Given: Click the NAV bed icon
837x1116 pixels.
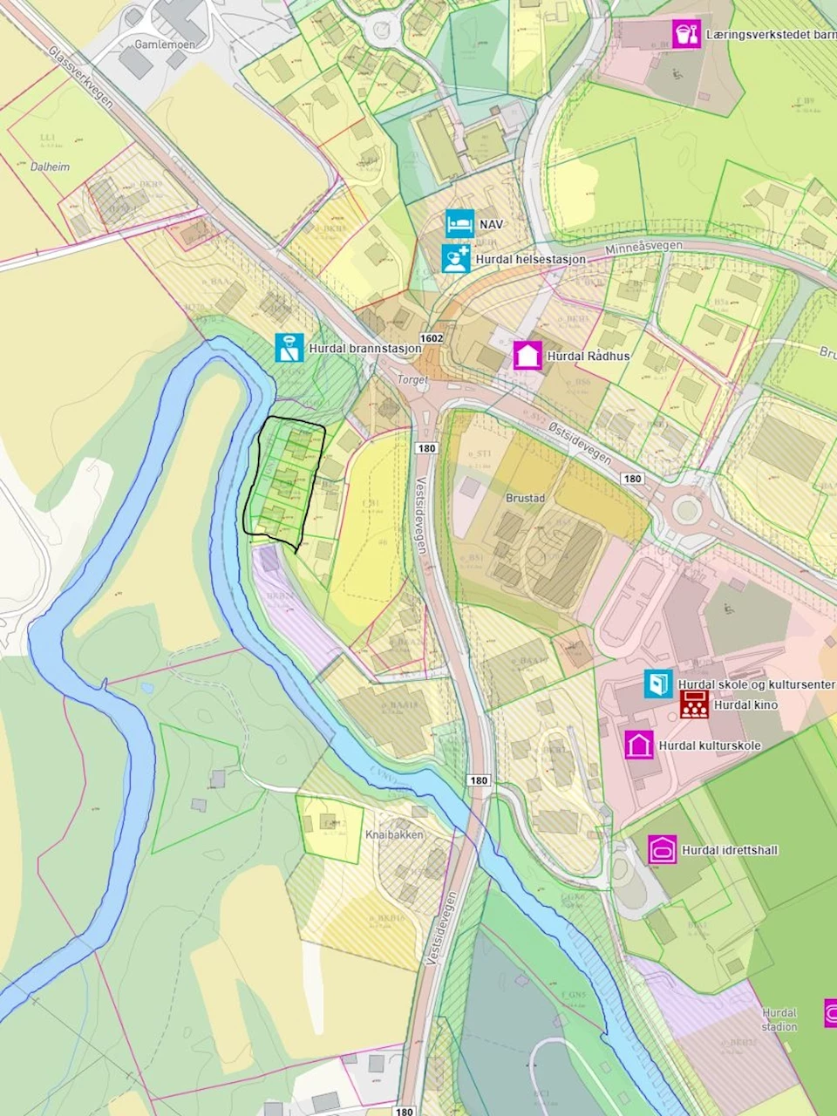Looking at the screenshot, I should pyautogui.click(x=459, y=224).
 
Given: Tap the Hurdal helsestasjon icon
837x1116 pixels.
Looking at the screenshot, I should pyautogui.click(x=455, y=259).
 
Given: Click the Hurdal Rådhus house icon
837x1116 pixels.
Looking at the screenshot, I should pyautogui.click(x=527, y=356).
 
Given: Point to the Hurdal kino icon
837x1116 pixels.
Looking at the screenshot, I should pyautogui.click(x=694, y=704).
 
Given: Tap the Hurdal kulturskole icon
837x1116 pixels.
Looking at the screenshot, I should pyautogui.click(x=639, y=745).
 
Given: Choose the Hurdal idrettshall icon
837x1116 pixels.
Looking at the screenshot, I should pyautogui.click(x=663, y=849).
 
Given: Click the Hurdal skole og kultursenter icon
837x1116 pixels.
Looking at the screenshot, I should pyautogui.click(x=659, y=684).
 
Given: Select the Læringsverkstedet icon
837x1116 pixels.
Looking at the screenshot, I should pyautogui.click(x=687, y=34).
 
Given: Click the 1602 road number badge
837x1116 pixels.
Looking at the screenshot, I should pyautogui.click(x=431, y=337).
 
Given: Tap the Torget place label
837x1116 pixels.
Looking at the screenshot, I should pyautogui.click(x=412, y=380).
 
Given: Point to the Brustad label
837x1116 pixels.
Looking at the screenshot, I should pyautogui.click(x=525, y=498).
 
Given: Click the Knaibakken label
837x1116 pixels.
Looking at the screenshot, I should pyautogui.click(x=395, y=834).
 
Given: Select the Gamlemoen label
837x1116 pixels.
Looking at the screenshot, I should pyautogui.click(x=165, y=44).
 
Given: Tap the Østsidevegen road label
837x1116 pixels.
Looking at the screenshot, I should pyautogui.click(x=582, y=440).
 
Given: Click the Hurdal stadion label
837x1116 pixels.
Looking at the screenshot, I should pyautogui.click(x=779, y=1019).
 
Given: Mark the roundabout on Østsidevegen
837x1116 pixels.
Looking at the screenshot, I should pyautogui.click(x=687, y=509).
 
